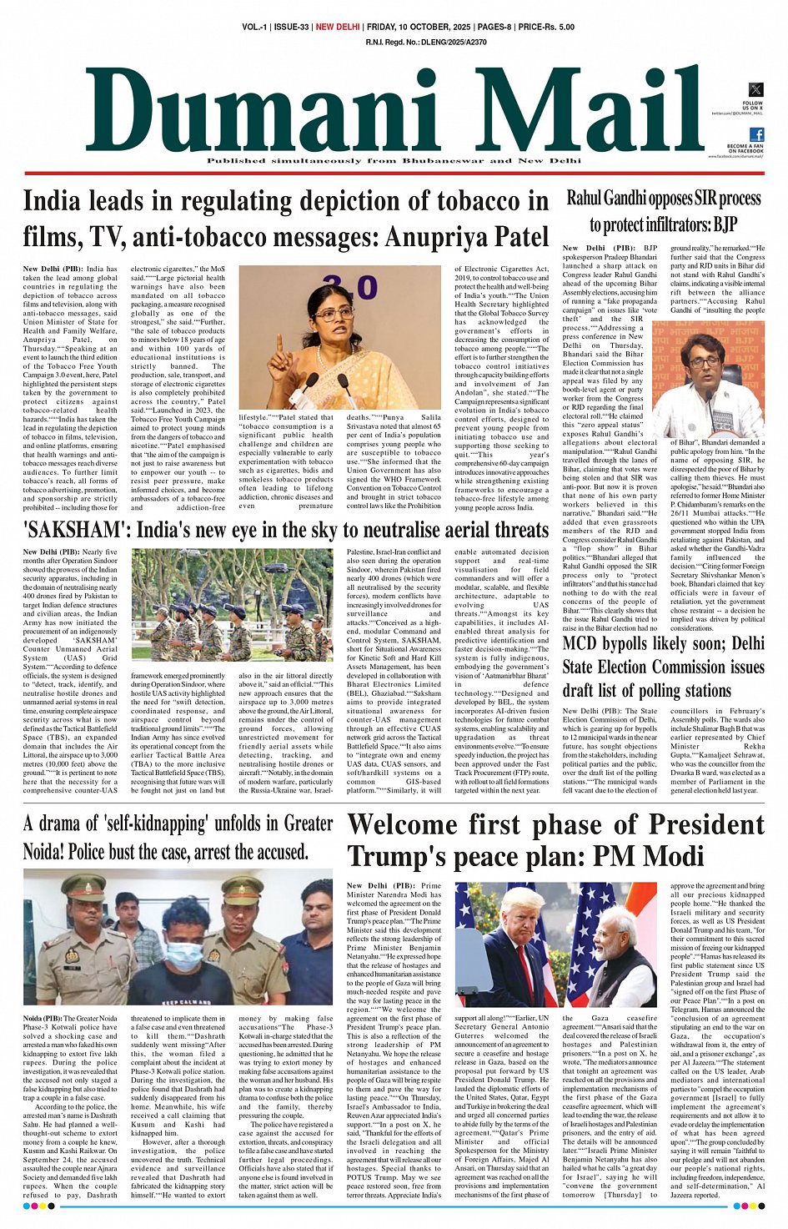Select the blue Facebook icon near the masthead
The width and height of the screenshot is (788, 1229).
click(x=756, y=135)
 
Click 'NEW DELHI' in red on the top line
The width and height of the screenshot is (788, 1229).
click(x=337, y=28)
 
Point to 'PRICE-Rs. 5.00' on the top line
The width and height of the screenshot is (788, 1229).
click(x=546, y=28)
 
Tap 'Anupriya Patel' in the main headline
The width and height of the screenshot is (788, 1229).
click(x=466, y=238)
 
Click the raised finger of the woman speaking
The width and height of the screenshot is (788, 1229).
click(x=279, y=345)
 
